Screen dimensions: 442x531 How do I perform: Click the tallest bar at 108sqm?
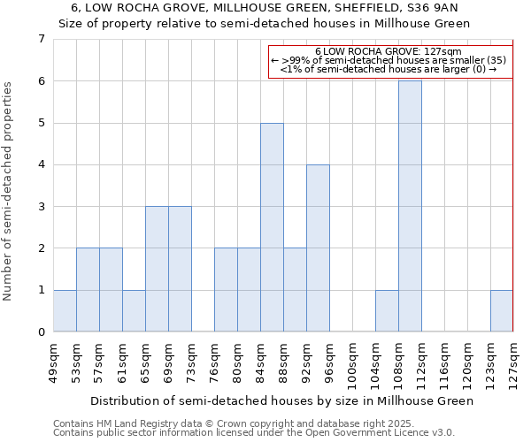[410, 206]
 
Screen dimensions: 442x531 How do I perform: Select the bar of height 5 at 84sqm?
[272, 227]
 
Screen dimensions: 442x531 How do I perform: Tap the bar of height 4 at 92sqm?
[318, 248]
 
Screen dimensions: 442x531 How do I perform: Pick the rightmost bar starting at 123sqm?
[502, 311]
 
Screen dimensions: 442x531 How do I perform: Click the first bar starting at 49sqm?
[65, 311]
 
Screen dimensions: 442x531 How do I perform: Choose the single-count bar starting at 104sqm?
[387, 311]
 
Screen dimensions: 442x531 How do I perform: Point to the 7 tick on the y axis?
[41, 39]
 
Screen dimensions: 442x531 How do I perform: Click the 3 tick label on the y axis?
[41, 207]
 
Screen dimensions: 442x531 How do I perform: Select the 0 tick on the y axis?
[41, 332]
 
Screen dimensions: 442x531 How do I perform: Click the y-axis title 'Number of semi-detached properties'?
[9, 191]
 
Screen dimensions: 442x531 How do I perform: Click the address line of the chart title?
[265, 8]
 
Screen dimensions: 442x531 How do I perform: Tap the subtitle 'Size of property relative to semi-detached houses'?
[265, 24]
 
